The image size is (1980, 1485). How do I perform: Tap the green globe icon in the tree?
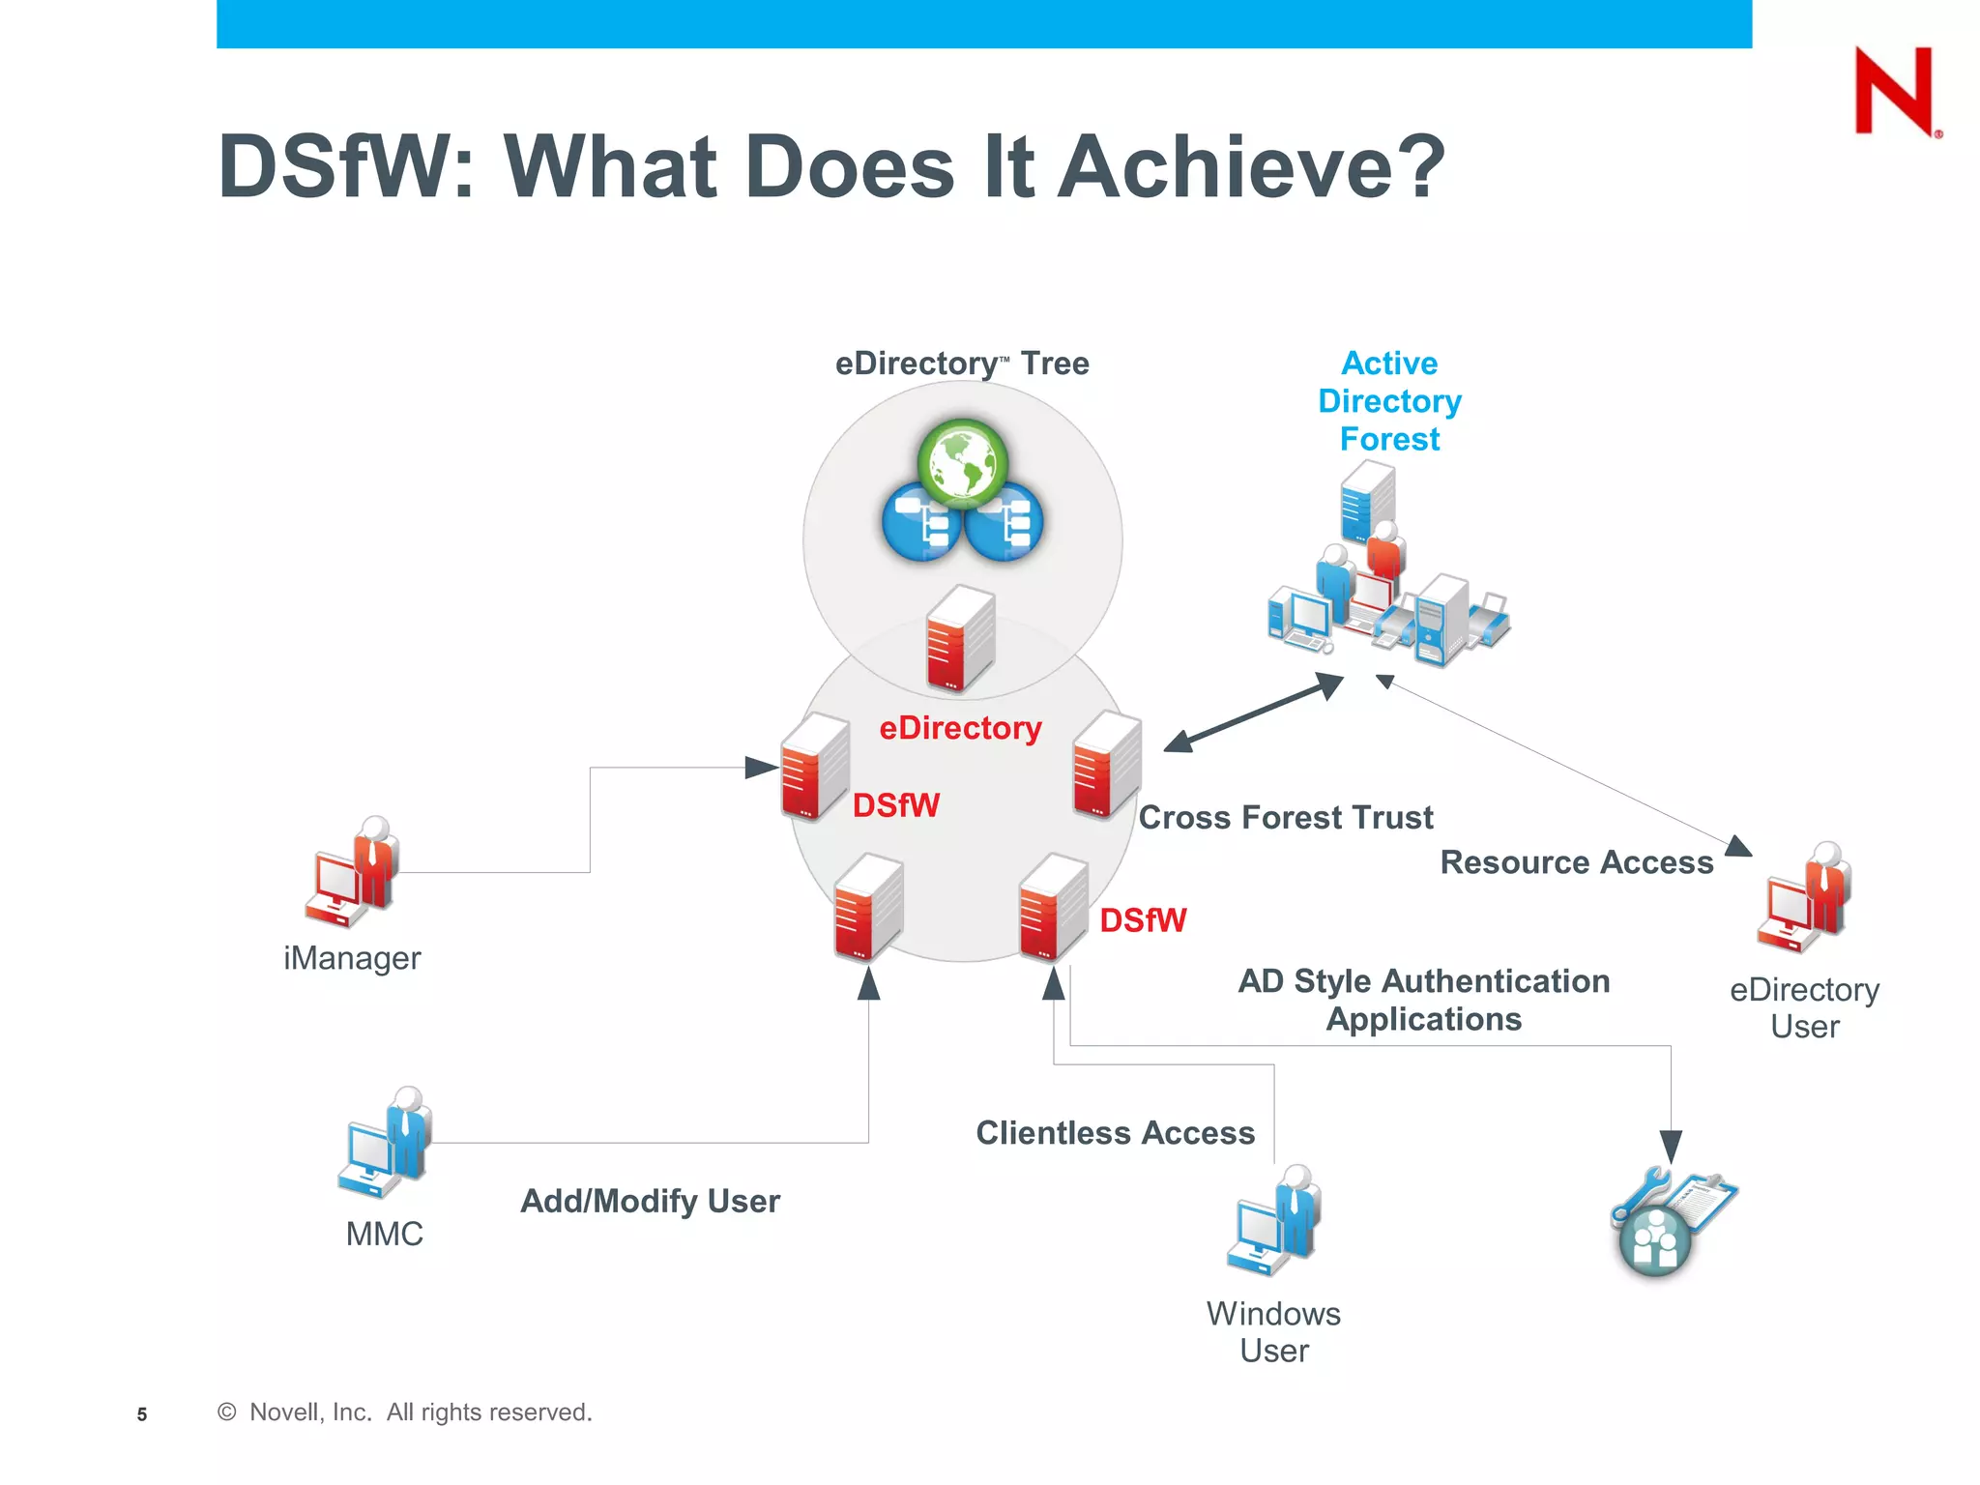[x=962, y=463]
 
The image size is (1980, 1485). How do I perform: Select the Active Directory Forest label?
[x=1389, y=401]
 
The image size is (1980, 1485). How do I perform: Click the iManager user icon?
[x=354, y=872]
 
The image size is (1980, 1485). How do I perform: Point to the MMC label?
[x=385, y=1235]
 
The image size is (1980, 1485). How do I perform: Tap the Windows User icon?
[x=1275, y=1220]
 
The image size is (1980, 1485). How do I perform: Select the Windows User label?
[x=1274, y=1332]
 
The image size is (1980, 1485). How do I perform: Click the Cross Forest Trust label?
[x=1285, y=818]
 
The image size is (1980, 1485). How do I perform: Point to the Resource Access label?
[x=1576, y=862]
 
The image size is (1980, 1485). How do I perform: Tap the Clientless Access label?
[x=1115, y=1133]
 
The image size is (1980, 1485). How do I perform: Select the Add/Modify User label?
[x=650, y=1202]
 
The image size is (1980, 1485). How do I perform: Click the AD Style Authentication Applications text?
[x=1424, y=1001]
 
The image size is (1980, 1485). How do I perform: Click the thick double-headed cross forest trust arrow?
[x=1253, y=713]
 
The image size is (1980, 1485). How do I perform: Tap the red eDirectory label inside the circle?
[x=960, y=728]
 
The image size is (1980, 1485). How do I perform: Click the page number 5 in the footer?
[x=142, y=1414]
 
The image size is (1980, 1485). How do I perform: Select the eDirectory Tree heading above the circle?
[x=962, y=364]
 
